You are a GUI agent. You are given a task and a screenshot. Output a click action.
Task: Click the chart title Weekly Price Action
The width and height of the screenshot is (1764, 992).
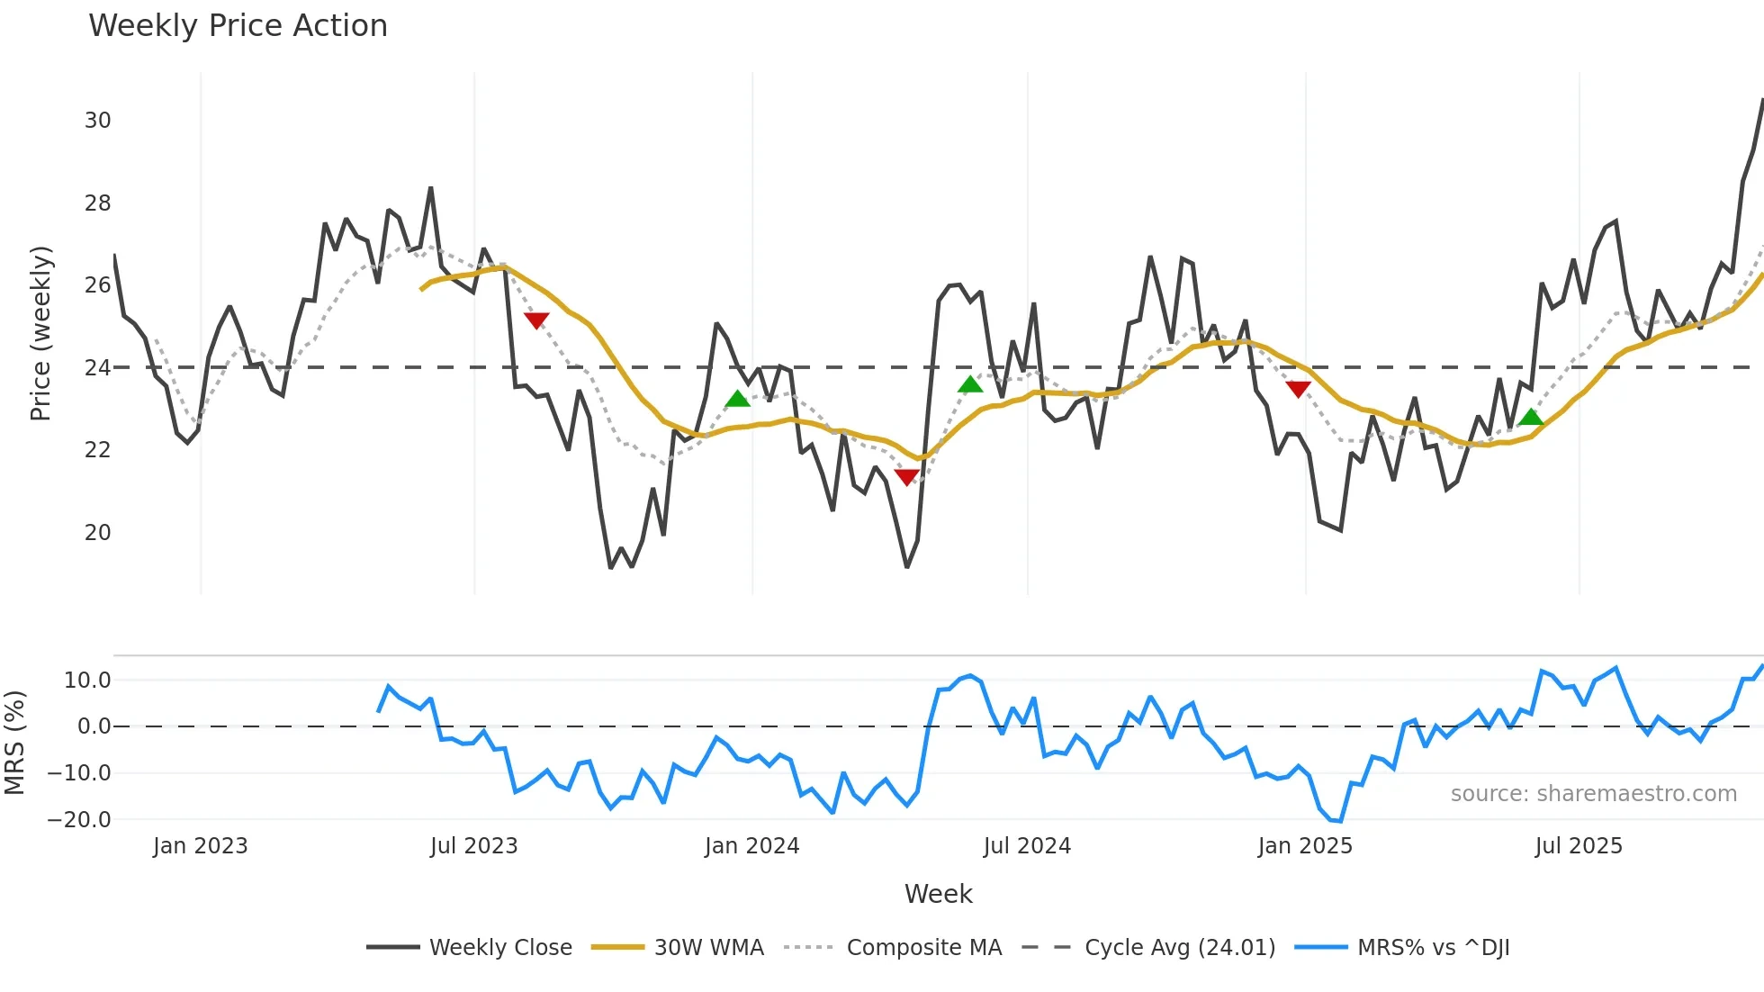(238, 26)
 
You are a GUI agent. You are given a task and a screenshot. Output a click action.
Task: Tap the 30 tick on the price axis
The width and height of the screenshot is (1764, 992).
(97, 121)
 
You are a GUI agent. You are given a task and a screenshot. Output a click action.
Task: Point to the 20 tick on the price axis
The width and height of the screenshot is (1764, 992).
(97, 533)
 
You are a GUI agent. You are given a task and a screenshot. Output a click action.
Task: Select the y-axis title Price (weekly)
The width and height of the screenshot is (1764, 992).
(40, 333)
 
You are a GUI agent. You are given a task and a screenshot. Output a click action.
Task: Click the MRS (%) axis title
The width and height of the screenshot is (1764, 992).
(14, 743)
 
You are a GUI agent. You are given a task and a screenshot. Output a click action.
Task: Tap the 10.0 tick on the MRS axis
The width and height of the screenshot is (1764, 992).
(87, 681)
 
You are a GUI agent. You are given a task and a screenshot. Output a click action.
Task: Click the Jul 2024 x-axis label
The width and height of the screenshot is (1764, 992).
(1027, 846)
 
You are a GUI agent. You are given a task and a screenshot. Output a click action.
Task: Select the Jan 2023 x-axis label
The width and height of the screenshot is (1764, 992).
(200, 846)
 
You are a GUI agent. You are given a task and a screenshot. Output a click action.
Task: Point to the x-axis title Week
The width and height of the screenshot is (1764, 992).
(938, 894)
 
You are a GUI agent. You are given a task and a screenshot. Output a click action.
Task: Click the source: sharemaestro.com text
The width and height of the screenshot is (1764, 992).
(1593, 794)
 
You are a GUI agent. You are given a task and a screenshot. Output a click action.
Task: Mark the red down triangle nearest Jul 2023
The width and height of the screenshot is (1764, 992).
(536, 320)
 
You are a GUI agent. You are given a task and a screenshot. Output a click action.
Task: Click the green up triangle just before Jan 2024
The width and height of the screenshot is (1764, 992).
(737, 399)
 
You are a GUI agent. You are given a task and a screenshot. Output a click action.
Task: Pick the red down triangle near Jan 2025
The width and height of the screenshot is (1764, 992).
(1298, 388)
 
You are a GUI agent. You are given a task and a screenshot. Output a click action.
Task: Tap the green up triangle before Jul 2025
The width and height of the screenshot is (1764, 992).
(1531, 417)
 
